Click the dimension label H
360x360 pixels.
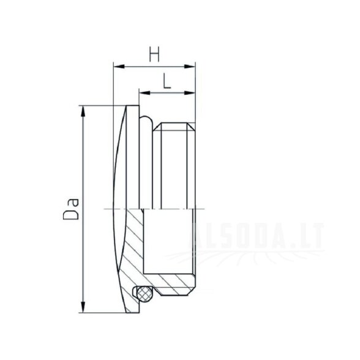154,54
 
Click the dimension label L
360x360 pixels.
167,81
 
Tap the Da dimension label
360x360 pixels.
71,208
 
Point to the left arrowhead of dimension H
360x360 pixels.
119,66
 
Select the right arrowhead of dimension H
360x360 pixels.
190,66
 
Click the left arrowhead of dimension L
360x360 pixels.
144,93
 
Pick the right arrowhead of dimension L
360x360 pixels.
190,93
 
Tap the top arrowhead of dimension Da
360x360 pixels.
83,111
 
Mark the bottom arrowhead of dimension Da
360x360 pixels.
83,307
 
